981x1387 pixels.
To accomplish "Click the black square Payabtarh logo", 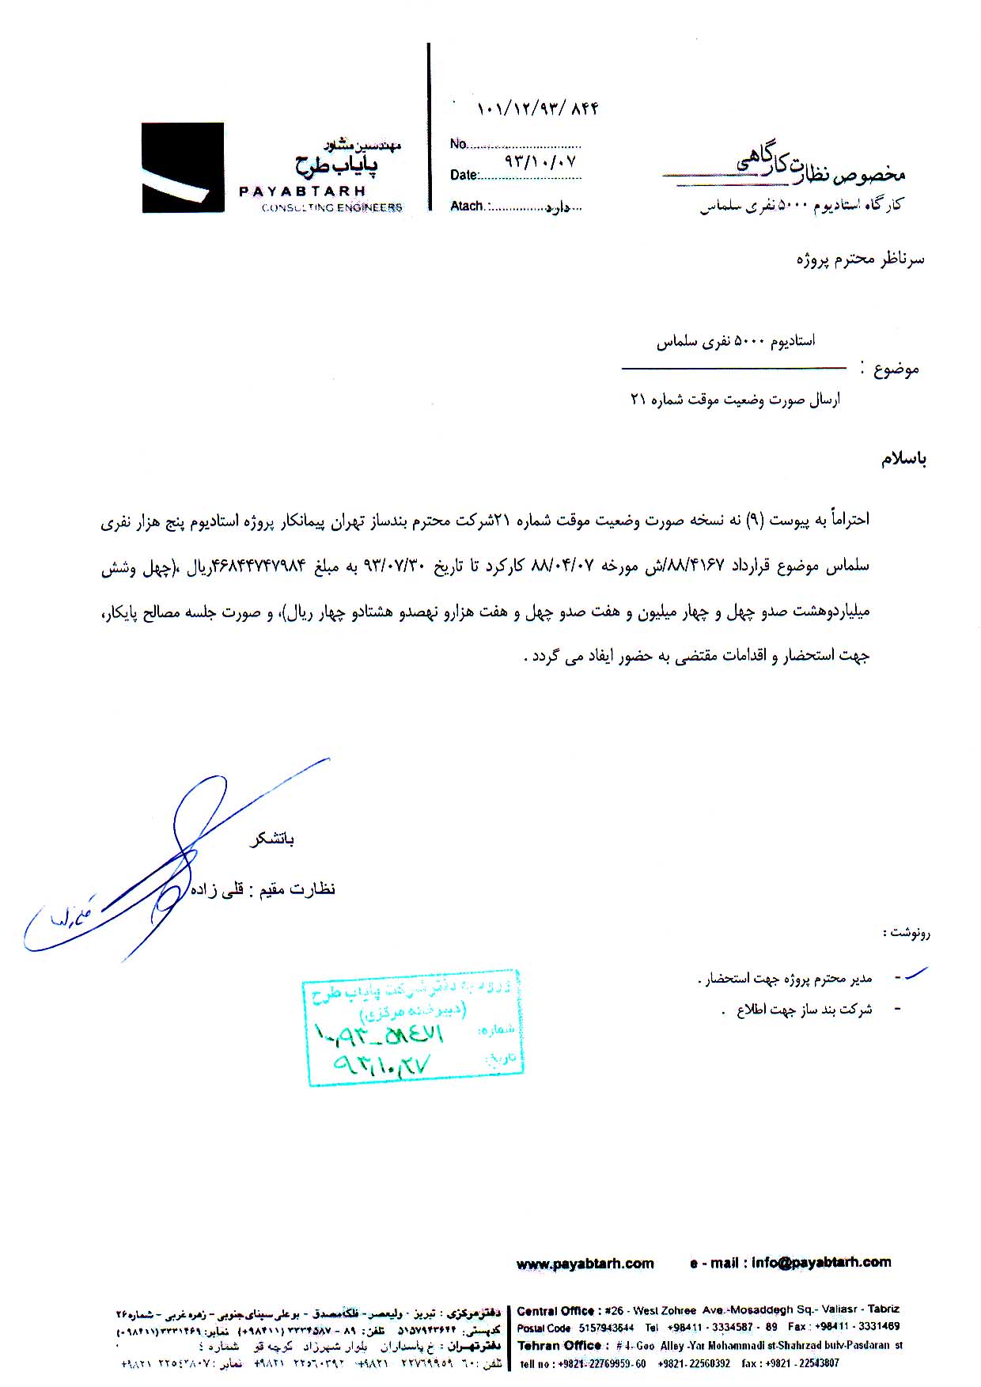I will pyautogui.click(x=182, y=168).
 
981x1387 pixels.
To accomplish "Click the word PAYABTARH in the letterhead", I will pyautogui.click(x=302, y=191).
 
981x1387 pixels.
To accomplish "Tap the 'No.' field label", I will pyautogui.click(x=458, y=144).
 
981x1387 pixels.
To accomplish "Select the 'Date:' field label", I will pyautogui.click(x=464, y=175).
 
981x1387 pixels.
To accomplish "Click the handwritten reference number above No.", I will pyautogui.click(x=537, y=108).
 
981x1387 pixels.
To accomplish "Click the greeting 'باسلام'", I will pyautogui.click(x=903, y=460).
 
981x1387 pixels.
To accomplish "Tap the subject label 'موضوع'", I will pyautogui.click(x=896, y=369).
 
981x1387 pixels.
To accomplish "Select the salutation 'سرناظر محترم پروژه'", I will pyautogui.click(x=860, y=260).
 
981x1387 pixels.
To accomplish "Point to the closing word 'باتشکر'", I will pyautogui.click(x=272, y=839).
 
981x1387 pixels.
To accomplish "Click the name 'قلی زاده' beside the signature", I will pyautogui.click(x=225, y=889).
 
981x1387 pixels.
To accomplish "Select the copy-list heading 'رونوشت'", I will pyautogui.click(x=907, y=933).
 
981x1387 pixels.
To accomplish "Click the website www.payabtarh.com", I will pyautogui.click(x=585, y=1264).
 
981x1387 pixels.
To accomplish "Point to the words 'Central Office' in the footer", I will pyautogui.click(x=555, y=1311).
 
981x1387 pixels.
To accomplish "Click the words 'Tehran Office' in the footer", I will pyautogui.click(x=559, y=1345).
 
